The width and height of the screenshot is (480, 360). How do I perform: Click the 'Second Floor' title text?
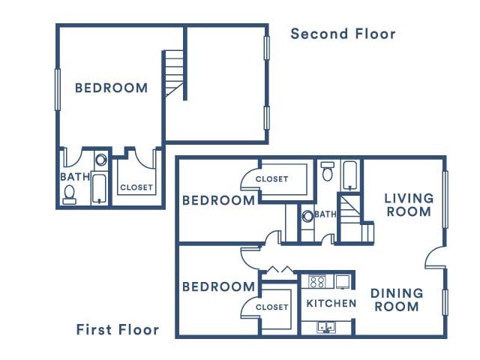(343, 34)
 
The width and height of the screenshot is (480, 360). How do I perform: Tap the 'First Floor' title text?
(118, 330)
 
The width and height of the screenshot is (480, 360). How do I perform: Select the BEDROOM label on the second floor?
(112, 88)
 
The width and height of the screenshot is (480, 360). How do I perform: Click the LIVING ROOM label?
(409, 205)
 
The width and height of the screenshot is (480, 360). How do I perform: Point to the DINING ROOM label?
(397, 300)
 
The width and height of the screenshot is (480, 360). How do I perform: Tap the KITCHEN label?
(331, 303)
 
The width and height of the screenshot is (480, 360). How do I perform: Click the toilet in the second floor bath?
(70, 195)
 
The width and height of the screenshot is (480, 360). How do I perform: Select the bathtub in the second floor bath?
(99, 189)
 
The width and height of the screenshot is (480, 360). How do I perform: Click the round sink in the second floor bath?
(100, 160)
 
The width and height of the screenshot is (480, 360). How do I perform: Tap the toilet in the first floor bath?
(328, 172)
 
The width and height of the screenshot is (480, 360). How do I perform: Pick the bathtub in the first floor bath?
(350, 175)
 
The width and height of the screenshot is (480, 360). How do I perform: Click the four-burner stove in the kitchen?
(316, 282)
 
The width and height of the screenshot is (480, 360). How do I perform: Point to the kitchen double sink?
(327, 327)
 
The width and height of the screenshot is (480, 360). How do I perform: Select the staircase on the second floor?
(174, 73)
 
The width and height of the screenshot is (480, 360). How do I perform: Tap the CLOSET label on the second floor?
(136, 187)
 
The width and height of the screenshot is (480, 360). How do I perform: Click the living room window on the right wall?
(445, 199)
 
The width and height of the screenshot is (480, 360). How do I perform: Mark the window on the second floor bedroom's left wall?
(58, 89)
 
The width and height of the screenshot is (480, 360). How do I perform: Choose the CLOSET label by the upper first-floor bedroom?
(271, 178)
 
